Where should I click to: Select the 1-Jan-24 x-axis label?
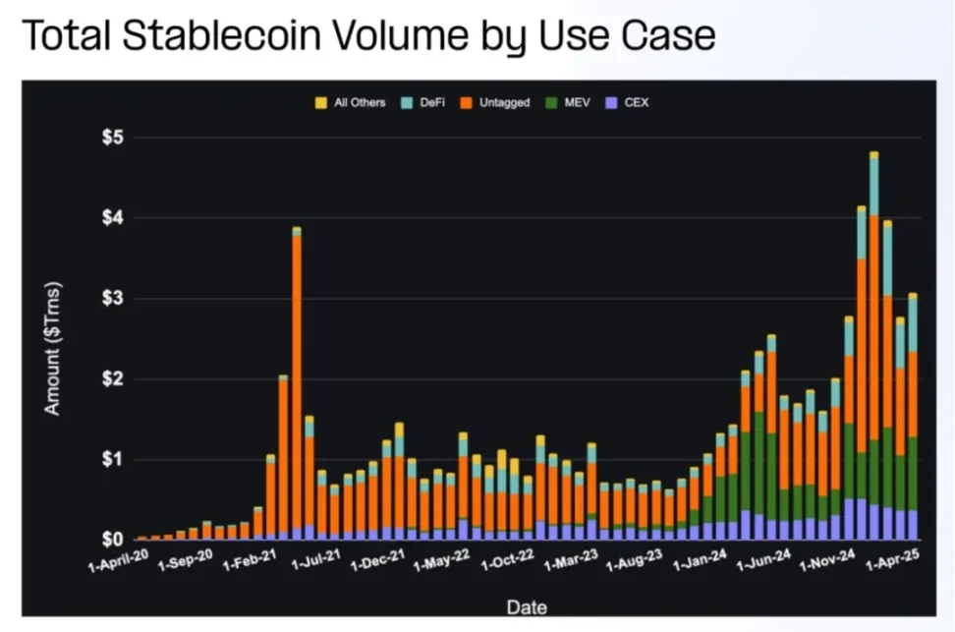click(x=699, y=563)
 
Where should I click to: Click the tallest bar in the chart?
click(x=873, y=344)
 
